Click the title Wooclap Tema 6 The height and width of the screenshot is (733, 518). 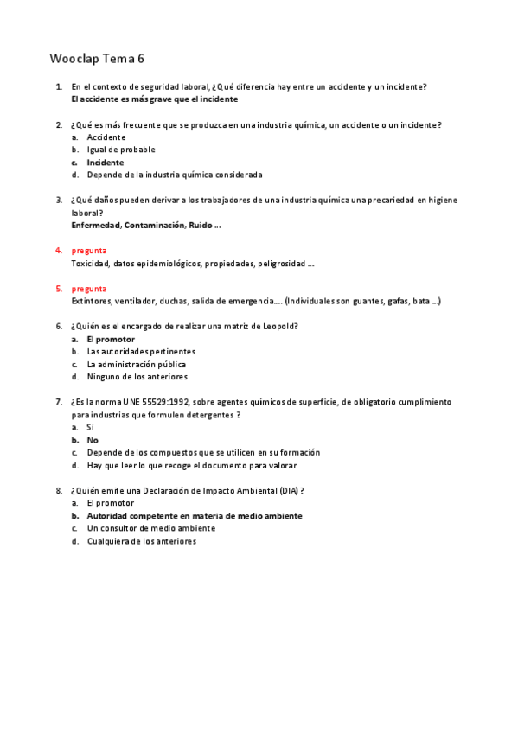click(x=97, y=59)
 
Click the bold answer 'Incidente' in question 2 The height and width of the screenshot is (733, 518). click(x=105, y=163)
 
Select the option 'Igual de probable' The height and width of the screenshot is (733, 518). click(x=121, y=150)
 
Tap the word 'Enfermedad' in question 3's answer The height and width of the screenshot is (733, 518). click(x=95, y=226)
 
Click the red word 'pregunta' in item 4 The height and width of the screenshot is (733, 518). click(x=89, y=251)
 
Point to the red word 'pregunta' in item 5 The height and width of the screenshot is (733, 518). click(x=89, y=289)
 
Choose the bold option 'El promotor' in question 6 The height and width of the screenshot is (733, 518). click(x=111, y=340)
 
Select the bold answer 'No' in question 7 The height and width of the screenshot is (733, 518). click(x=93, y=440)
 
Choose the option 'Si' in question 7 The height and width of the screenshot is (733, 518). click(x=90, y=428)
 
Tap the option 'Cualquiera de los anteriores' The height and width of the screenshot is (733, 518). click(x=141, y=541)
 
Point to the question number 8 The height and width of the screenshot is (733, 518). click(x=59, y=491)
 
